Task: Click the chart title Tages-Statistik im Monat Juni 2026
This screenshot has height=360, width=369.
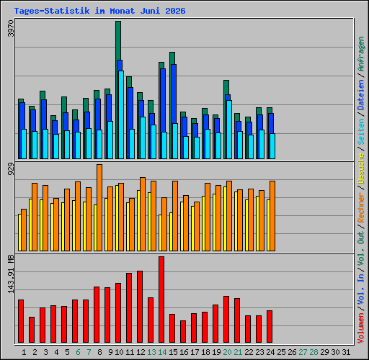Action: pyautogui.click(x=99, y=11)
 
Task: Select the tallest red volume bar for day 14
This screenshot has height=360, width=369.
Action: pyautogui.click(x=161, y=300)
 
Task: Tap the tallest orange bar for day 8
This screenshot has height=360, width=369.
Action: pyautogui.click(x=99, y=207)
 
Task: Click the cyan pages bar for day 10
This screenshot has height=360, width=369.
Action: pyautogui.click(x=121, y=114)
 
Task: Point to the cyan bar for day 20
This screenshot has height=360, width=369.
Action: pyautogui.click(x=229, y=130)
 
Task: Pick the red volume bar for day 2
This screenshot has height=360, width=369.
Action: pyautogui.click(x=32, y=330)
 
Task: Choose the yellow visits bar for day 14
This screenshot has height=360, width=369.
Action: pyautogui.click(x=160, y=233)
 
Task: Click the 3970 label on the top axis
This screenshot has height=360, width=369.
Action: pyautogui.click(x=11, y=28)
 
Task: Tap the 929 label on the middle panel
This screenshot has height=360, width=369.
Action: pyautogui.click(x=11, y=168)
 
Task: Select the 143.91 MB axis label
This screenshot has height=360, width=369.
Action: pyautogui.click(x=11, y=274)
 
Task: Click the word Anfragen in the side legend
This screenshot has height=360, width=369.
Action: pyautogui.click(x=360, y=54)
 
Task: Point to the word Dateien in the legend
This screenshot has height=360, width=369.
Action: pyautogui.click(x=360, y=95)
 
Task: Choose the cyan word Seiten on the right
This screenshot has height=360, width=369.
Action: pyautogui.click(x=360, y=132)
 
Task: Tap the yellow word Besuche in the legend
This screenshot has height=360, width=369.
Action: pyautogui.click(x=360, y=168)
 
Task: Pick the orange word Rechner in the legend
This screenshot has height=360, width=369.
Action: pyautogui.click(x=360, y=207)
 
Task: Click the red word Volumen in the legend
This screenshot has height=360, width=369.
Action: pyautogui.click(x=360, y=328)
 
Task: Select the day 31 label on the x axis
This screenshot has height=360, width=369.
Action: pyautogui.click(x=346, y=352)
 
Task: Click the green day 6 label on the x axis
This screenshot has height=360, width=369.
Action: pyautogui.click(x=78, y=352)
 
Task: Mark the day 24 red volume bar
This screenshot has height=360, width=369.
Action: pyautogui.click(x=270, y=326)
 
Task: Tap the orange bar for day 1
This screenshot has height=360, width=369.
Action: pyautogui.click(x=24, y=230)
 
